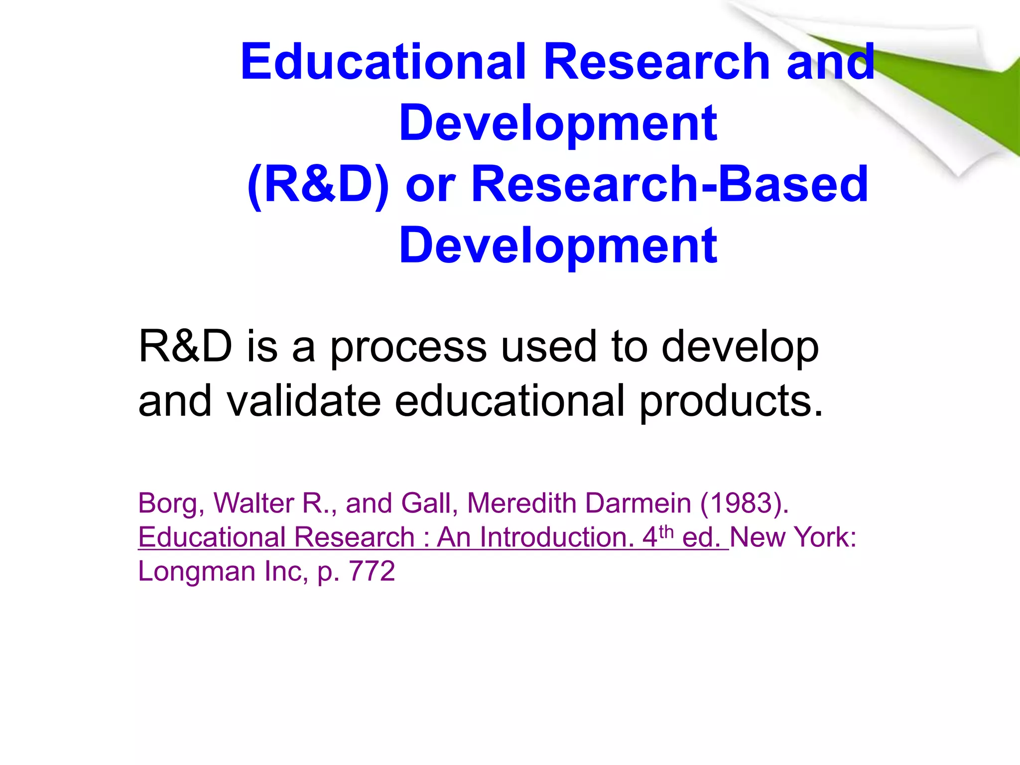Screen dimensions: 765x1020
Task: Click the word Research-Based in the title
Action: [669, 185]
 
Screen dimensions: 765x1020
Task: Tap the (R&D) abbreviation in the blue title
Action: [318, 185]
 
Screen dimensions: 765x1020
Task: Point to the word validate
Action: [304, 401]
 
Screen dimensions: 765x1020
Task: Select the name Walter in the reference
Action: [254, 503]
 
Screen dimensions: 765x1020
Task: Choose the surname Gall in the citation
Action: [429, 503]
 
